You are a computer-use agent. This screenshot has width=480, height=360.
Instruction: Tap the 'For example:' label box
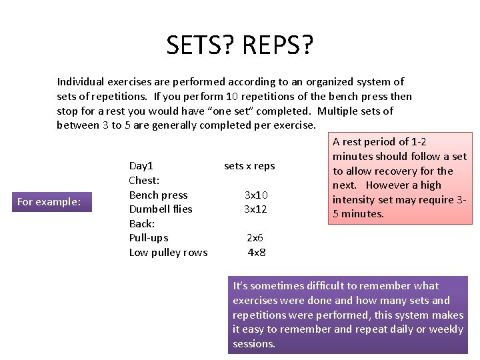[x=49, y=201]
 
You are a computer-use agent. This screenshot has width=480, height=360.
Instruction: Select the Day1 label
[x=141, y=166]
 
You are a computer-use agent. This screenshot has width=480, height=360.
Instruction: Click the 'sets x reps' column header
[x=249, y=166]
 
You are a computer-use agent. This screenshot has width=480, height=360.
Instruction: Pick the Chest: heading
[x=144, y=180]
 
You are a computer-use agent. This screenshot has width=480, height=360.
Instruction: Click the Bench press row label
[x=158, y=195]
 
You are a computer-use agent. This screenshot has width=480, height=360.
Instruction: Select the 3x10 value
[x=256, y=195]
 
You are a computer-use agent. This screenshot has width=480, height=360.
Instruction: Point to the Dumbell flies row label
[x=160, y=209]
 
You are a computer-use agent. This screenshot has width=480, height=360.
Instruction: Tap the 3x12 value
[x=256, y=209]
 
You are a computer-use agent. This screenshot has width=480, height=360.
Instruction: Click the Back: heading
[x=141, y=223]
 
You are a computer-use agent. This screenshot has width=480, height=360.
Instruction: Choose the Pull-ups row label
[x=148, y=237]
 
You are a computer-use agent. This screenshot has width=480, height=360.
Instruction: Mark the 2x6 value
[x=255, y=237]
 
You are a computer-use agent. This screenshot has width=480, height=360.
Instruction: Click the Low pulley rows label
[x=168, y=252]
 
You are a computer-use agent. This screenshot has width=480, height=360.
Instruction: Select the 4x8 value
[x=256, y=252]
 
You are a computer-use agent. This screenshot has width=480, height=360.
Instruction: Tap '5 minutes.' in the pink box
[x=358, y=214]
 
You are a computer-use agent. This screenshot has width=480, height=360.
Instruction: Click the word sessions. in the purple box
[x=254, y=344]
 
